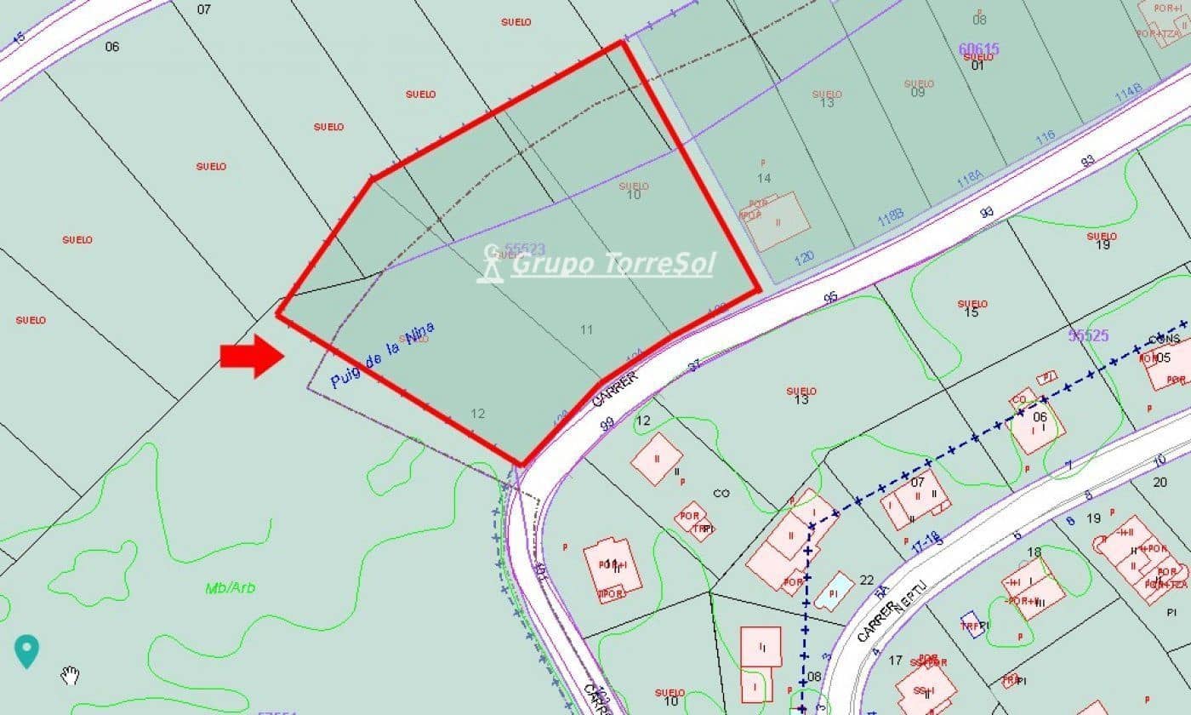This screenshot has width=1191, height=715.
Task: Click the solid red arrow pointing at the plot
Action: point(252,356)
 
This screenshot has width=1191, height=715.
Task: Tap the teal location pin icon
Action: point(27,651)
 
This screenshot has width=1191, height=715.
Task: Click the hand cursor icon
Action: point(71,677)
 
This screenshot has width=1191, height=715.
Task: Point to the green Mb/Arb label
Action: point(230,588)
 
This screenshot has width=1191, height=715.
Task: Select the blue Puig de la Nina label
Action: point(382,355)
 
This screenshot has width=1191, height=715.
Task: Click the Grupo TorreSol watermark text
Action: point(613,264)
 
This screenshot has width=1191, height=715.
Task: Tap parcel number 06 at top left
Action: point(112,47)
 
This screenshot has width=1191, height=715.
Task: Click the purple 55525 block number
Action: point(1088,335)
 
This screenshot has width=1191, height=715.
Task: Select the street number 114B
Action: point(1128,93)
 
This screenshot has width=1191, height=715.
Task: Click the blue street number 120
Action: point(803,256)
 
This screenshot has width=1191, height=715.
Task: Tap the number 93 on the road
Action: point(1087,160)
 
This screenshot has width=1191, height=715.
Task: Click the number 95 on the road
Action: point(830,298)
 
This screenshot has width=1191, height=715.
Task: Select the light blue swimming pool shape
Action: point(833,590)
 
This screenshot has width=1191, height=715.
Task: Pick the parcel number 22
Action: point(866,580)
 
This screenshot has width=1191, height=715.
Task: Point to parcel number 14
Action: point(764,178)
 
